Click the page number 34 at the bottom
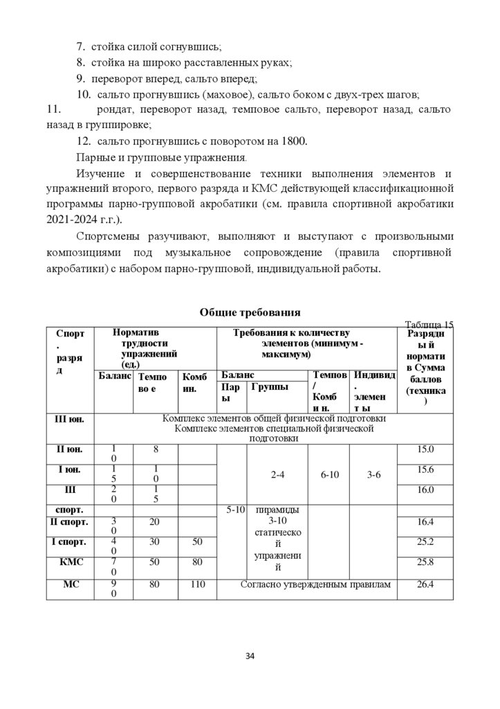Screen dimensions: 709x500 250,656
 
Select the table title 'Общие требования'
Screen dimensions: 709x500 250,313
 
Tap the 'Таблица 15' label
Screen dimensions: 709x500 429,325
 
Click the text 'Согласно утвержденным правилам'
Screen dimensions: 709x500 315,584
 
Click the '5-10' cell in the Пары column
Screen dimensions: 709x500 232,510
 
